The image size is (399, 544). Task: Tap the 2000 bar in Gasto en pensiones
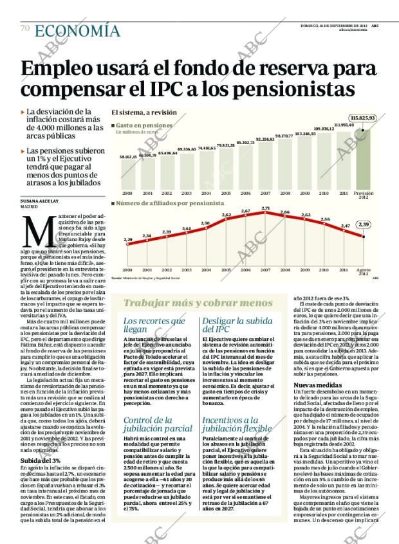click(x=127, y=174)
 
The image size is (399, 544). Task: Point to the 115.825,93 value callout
click(x=362, y=118)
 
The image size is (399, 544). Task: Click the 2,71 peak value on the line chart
click(x=266, y=208)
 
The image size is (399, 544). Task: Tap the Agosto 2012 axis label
click(x=363, y=272)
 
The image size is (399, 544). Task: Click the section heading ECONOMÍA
click(x=77, y=30)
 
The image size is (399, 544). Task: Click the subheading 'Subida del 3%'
click(x=40, y=425)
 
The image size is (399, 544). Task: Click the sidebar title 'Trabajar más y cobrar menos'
click(x=198, y=303)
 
